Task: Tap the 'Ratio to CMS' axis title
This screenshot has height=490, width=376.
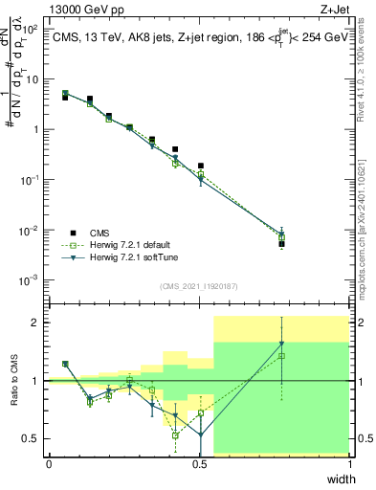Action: [x=14, y=381]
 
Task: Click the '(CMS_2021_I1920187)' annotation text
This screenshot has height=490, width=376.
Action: [x=198, y=285]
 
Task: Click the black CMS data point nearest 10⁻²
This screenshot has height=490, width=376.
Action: [x=282, y=244]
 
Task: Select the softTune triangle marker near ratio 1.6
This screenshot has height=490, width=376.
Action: [x=282, y=344]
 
